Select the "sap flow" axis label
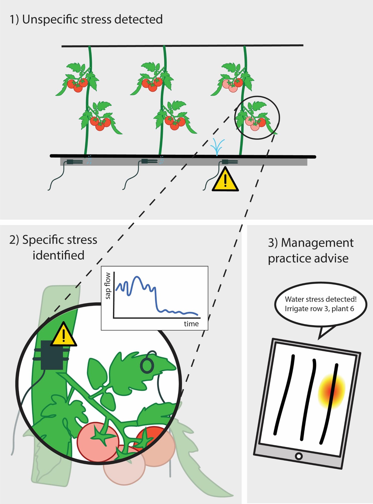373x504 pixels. [x=108, y=286]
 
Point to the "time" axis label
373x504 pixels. [x=191, y=324]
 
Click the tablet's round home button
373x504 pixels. [x=299, y=456]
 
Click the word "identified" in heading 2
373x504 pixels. [x=58, y=255]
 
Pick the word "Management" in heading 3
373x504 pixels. [x=317, y=243]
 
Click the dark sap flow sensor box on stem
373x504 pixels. [x=52, y=355]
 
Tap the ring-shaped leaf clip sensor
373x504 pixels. [x=147, y=365]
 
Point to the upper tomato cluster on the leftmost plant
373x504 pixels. [x=77, y=85]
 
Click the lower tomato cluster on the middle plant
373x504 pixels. [x=175, y=123]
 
